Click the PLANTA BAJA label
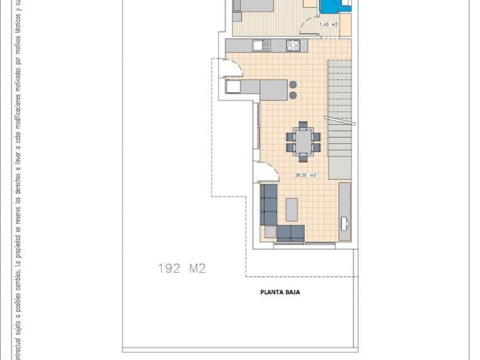pos(280,293)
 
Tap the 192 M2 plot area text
pos(182,269)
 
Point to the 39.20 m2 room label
pos(305,176)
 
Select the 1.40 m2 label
pos(329,25)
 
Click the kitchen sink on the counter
pos(259,45)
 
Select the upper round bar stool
pos(292,85)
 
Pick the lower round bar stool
pos(292,96)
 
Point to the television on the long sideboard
pos(344,222)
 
